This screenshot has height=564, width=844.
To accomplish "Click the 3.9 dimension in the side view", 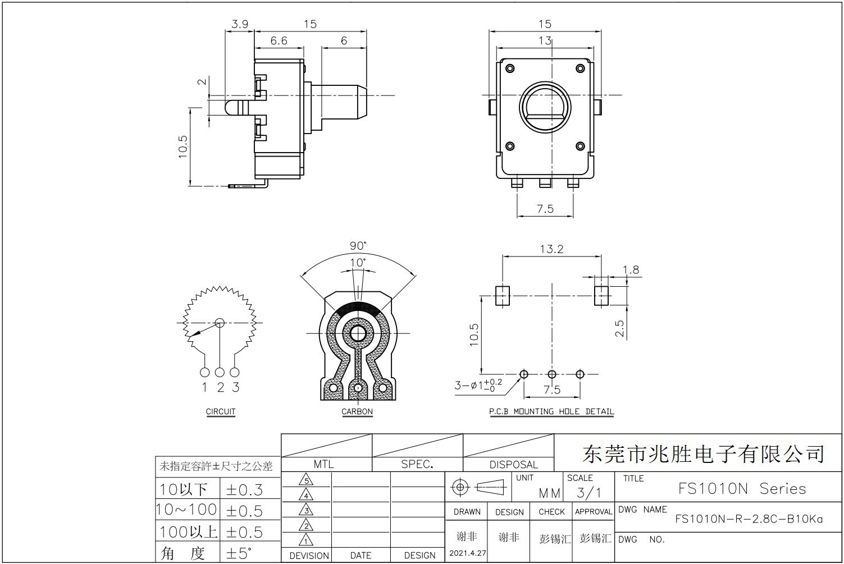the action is [240, 25].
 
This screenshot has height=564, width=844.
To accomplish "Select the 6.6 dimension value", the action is [279, 40].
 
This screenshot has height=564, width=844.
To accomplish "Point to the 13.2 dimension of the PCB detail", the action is [551, 249].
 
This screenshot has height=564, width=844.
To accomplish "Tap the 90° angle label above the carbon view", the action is [358, 246].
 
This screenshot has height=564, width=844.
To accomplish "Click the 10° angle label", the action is [358, 263].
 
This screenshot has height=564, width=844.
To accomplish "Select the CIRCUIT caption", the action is [221, 411].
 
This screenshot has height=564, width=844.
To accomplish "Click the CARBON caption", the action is [357, 411].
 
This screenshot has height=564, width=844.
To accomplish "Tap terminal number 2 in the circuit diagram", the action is [221, 387].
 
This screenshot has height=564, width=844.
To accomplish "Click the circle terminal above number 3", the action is [234, 373].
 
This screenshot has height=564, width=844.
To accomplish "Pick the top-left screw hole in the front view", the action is [510, 68].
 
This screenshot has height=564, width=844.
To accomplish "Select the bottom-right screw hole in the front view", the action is [580, 146].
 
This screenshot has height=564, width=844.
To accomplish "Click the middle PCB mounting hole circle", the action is [552, 374].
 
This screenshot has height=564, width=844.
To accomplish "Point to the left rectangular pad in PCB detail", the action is [502, 296].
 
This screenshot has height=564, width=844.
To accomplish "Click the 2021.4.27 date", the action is [467, 553].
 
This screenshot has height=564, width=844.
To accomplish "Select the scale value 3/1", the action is [588, 493].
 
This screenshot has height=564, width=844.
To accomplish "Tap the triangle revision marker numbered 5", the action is [306, 479].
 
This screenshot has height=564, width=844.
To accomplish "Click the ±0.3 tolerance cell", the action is [244, 490].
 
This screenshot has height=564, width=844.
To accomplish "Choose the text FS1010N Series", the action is [742, 489].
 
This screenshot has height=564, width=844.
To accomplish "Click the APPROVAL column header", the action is [594, 512].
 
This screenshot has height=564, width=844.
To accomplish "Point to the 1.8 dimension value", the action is [631, 270].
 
